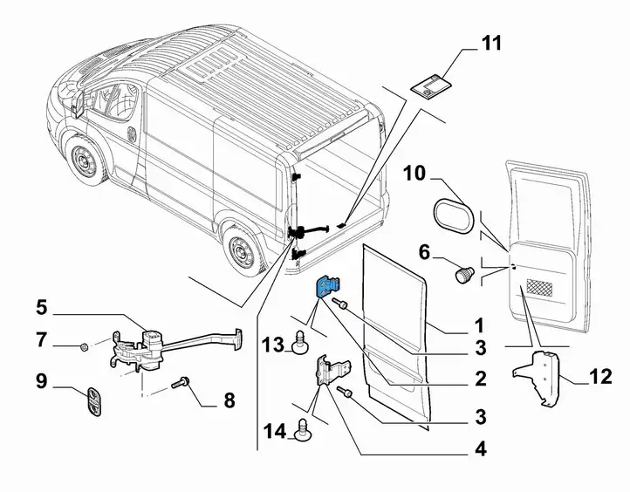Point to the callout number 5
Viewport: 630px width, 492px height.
pos(41,306)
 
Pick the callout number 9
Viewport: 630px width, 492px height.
pos(41,380)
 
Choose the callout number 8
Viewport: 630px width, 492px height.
pos(229,402)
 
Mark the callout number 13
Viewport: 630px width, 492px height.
pos(273,345)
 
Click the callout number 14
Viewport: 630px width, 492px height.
pos(274,430)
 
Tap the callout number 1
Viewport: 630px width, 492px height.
pos(479,326)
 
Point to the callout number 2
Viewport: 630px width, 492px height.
pos(479,379)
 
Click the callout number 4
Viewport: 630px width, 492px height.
pos(479,452)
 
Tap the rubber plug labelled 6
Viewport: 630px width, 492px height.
pos(462,276)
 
